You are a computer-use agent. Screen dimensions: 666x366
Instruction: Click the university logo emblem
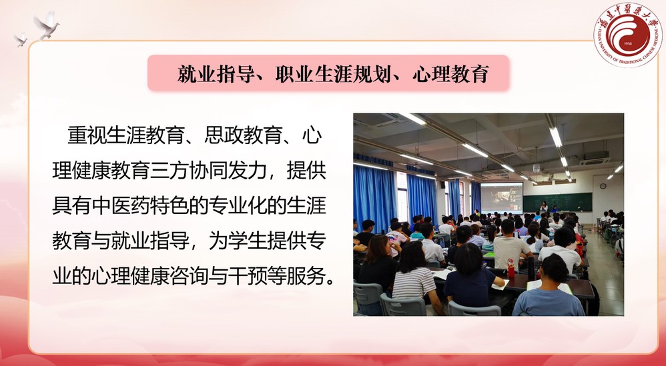pos(628,35)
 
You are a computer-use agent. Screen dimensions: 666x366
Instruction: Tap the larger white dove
pos(46,25)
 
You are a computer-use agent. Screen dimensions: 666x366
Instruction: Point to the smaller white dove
pos(21,39)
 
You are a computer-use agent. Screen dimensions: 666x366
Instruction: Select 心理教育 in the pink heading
pos(450,74)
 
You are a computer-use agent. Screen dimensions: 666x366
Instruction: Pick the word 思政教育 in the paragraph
pos(244,136)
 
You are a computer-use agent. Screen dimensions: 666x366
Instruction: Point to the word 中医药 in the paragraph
pos(121,206)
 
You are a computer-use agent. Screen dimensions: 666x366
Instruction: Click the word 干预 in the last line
pos(248,276)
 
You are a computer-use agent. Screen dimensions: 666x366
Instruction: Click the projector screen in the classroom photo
pos(502,198)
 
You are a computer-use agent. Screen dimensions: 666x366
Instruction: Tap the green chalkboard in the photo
pos(557,202)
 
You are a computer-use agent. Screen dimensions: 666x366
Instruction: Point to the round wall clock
pos(603,186)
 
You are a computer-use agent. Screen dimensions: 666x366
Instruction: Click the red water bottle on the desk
pos(511,268)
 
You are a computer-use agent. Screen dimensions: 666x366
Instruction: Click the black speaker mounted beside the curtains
pos(442,185)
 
